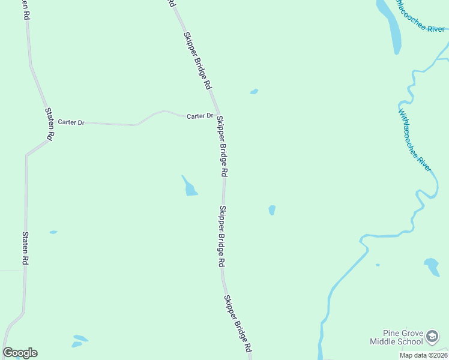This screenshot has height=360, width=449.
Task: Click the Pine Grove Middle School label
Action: click(396, 338)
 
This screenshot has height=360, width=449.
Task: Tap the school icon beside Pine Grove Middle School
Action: click(433, 338)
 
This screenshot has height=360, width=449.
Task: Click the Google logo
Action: click(20, 353)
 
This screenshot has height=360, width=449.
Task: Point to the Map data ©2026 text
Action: click(423, 355)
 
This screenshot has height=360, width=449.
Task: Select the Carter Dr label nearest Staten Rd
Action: click(71, 122)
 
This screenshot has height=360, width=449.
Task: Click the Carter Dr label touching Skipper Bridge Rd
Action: click(200, 116)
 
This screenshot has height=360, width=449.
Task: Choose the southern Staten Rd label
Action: click(25, 249)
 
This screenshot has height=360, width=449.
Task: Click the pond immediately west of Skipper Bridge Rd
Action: click(190, 187)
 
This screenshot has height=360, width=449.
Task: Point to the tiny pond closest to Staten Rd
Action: click(53, 232)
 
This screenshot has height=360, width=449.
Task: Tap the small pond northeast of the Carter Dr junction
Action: click(254, 92)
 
